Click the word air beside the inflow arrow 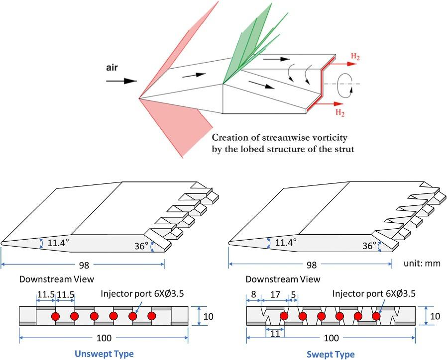click(112, 68)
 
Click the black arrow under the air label click(121, 81)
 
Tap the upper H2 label click(355, 56)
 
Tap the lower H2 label click(340, 113)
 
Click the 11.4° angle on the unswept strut click(58, 243)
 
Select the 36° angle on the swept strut click(369, 246)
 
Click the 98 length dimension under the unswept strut click(84, 265)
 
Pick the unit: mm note click(422, 263)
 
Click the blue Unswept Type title click(104, 354)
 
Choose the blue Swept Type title click(331, 355)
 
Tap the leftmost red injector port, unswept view click(55, 316)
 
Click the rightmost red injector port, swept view click(376, 316)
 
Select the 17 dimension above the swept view click(275, 294)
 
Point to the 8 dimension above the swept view click(253, 294)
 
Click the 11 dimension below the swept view click(275, 333)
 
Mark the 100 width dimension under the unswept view click(104, 338)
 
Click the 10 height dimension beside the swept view click(435, 316)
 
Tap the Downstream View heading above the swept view click(283, 279)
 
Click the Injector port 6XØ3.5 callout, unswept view click(142, 293)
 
